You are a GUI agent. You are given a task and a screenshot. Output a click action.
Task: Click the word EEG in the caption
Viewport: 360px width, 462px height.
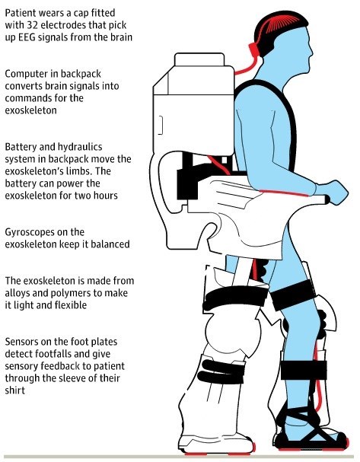[x=27, y=38]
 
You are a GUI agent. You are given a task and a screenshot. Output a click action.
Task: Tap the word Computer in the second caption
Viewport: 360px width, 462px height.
[x=25, y=75]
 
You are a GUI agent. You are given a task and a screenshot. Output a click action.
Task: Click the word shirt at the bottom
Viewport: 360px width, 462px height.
[x=15, y=390]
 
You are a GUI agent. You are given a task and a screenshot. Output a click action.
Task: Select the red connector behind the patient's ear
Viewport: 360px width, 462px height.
[x=254, y=49]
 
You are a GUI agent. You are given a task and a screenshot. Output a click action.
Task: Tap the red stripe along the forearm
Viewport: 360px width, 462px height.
[x=284, y=193]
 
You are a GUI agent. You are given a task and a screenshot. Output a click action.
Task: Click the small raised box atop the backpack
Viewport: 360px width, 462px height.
[x=199, y=59]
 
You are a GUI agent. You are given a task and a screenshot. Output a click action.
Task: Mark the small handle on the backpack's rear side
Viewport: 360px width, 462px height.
[x=161, y=126]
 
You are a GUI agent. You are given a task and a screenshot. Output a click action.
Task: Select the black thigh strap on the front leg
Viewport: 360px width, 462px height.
[x=294, y=295]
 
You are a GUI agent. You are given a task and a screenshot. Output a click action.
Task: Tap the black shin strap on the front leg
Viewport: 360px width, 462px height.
[x=304, y=370]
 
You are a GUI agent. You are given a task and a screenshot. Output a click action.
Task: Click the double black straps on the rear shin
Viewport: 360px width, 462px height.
[x=221, y=371]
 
